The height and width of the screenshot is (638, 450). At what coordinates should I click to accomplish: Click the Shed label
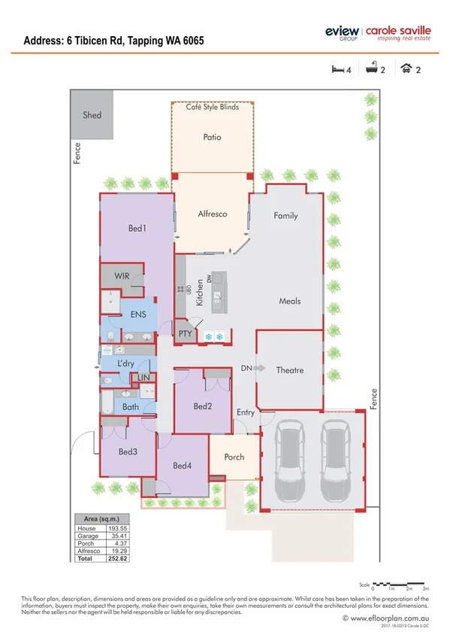92,115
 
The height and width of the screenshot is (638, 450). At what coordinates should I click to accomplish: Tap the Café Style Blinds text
213,108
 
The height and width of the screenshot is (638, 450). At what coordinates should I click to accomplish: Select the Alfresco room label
213,214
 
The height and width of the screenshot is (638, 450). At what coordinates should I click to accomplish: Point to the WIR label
122,276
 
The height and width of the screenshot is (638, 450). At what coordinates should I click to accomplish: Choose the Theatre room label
290,370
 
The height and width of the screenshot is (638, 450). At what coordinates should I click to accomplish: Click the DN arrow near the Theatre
259,369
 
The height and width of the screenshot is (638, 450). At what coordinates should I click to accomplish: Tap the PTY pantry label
184,333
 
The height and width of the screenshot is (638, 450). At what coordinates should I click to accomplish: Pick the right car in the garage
335,461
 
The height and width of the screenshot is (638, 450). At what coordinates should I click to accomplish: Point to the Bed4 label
183,466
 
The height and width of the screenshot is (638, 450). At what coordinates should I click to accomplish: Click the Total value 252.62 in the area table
116,560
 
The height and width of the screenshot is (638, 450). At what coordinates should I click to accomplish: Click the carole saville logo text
397,30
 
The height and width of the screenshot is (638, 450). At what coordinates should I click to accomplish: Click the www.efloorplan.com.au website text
385,618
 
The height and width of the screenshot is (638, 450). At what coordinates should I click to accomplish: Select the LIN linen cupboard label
143,377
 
